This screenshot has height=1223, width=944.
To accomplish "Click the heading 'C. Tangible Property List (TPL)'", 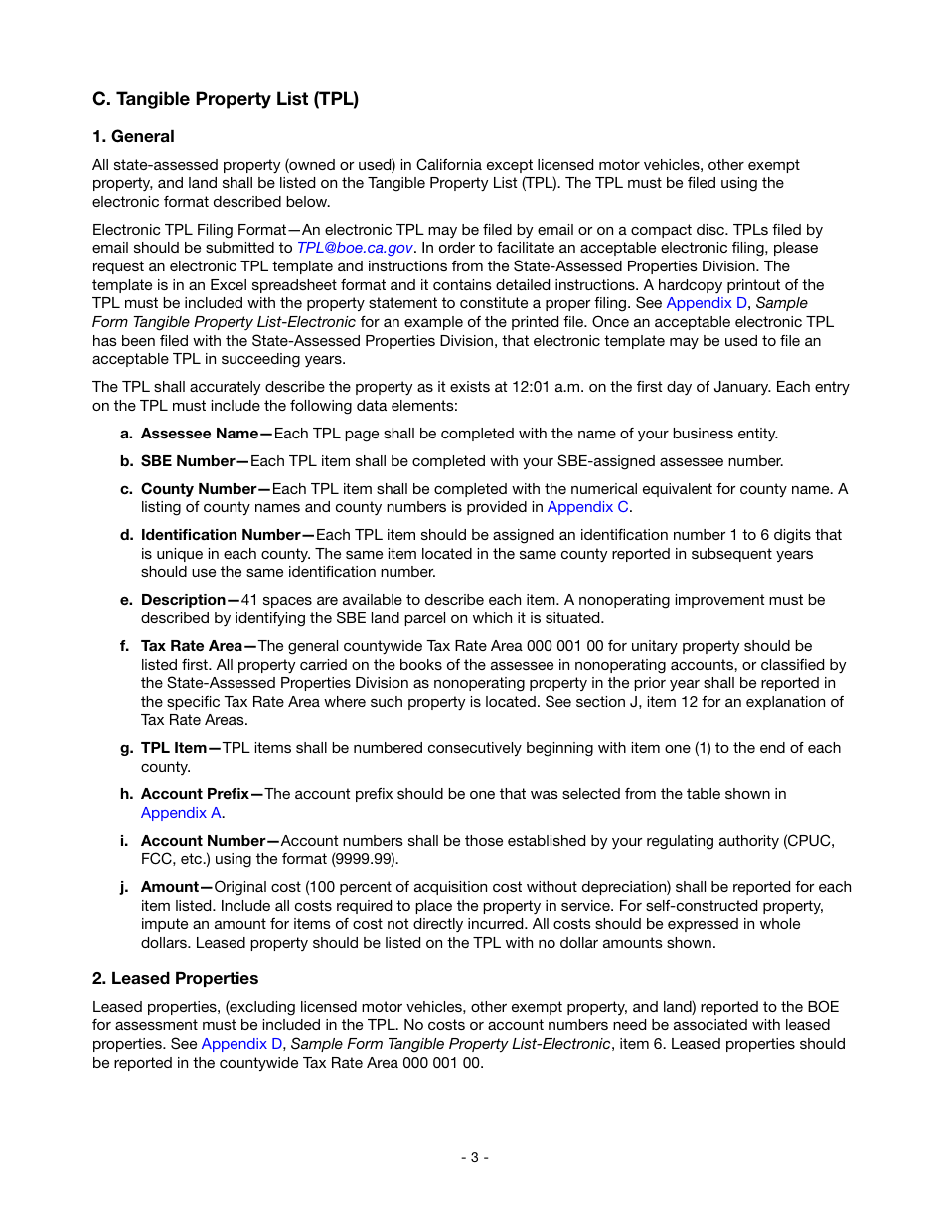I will (x=226, y=99).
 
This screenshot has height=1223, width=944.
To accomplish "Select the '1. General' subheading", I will (x=133, y=137).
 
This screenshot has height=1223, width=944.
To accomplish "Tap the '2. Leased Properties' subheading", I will (x=175, y=979).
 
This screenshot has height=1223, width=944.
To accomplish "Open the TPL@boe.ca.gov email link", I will (x=355, y=248).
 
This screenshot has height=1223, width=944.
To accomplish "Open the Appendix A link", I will (x=181, y=813).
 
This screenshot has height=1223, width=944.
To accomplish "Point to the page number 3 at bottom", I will (x=474, y=1157).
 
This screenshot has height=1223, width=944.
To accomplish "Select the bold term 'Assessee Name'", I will (x=200, y=434).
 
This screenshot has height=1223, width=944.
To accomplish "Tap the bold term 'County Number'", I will (x=199, y=489).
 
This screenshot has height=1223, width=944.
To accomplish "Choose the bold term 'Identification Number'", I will (x=221, y=535).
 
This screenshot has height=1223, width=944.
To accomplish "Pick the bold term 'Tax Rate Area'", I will (x=191, y=646).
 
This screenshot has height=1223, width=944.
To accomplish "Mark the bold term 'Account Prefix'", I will (x=195, y=794).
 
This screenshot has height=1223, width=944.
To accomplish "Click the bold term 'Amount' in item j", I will (x=170, y=887).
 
